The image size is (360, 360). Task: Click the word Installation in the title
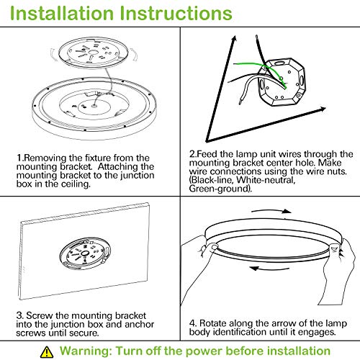click(62, 13)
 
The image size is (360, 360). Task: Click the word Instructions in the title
click(176, 13)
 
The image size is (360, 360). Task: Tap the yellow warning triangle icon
click(47, 352)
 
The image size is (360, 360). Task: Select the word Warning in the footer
click(86, 351)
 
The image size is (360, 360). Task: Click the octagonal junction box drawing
click(282, 83)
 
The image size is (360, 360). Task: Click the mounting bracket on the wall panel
click(85, 255)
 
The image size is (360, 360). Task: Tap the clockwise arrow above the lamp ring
click(271, 211)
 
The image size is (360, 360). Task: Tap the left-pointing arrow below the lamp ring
click(269, 268)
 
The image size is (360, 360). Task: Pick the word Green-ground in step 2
click(220, 189)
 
